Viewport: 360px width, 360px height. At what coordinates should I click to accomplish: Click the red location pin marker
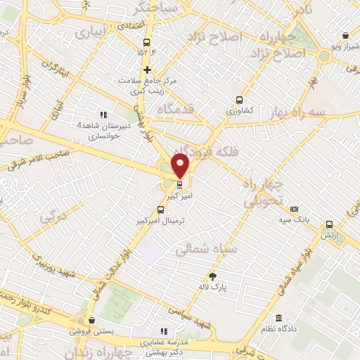[x=181, y=165]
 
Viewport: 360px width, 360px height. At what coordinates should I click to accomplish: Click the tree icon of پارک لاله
[x=214, y=276]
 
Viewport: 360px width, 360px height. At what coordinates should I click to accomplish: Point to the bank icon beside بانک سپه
[x=294, y=209]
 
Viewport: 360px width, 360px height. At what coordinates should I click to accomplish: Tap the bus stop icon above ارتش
[x=329, y=225]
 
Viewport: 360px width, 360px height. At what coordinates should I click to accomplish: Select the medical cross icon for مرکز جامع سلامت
[x=147, y=70]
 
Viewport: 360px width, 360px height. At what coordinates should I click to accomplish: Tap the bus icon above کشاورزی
[x=239, y=100]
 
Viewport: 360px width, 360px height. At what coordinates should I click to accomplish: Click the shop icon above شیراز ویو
[x=345, y=36]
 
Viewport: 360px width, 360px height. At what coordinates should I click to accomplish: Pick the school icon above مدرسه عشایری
[x=163, y=331]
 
